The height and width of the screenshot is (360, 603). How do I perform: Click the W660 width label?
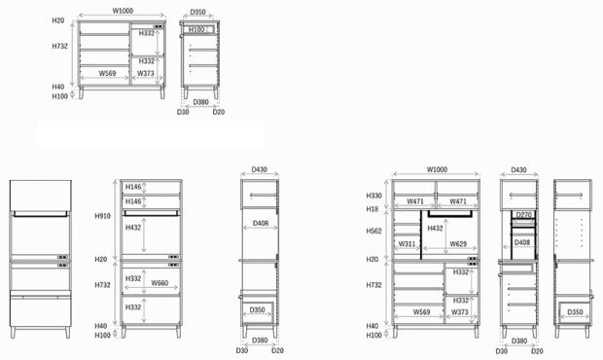click(160, 283)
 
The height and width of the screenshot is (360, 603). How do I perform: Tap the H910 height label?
click(103, 216)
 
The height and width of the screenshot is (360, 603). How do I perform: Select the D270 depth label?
click(523, 215)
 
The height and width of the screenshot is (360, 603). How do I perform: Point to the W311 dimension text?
click(407, 244)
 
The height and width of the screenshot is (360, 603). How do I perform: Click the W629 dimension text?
click(458, 244)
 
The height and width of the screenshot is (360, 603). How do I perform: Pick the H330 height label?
click(373, 196)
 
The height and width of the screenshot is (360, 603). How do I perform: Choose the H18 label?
click(372, 209)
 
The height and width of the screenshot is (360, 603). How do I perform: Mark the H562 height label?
click(373, 231)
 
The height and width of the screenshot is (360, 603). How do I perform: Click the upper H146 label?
click(133, 187)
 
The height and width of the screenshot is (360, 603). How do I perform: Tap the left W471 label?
click(415, 201)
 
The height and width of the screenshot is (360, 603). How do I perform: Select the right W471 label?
click(458, 201)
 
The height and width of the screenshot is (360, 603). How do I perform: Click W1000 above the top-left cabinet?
click(123, 11)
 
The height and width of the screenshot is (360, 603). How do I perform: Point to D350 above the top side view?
click(197, 12)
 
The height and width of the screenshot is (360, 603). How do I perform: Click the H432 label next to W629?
click(435, 229)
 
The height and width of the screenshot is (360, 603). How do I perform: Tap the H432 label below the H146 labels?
click(133, 228)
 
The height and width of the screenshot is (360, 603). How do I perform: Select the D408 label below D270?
click(522, 242)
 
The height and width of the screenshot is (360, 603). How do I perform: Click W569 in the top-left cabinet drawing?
click(107, 73)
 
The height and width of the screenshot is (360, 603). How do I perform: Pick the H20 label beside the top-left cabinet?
click(58, 20)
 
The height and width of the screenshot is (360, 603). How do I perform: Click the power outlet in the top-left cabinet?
click(159, 27)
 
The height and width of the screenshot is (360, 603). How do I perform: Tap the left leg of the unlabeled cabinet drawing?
click(13, 333)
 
